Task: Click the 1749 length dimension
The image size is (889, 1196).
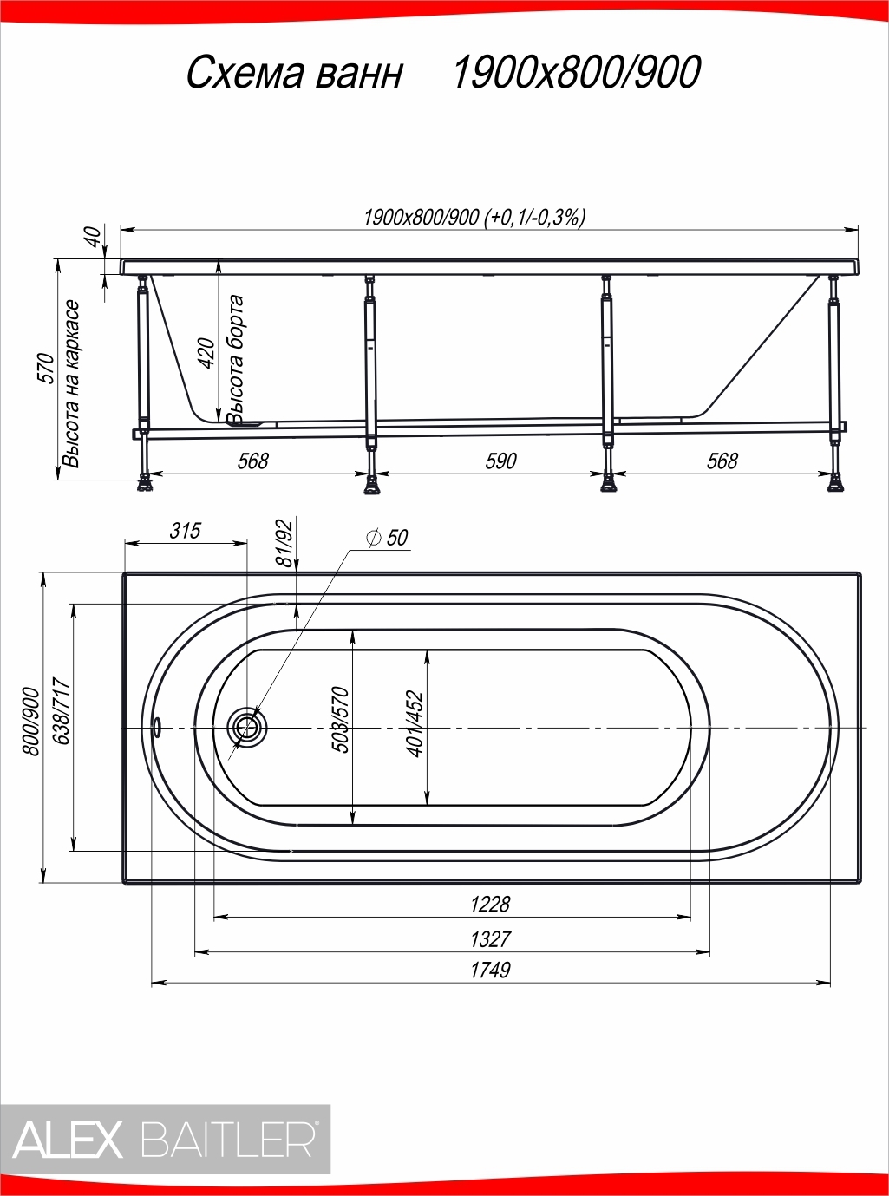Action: coord(490,970)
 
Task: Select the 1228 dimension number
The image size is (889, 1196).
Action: coord(490,905)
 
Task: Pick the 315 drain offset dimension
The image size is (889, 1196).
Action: coord(185,531)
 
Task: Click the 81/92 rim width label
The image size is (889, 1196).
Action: coord(284,544)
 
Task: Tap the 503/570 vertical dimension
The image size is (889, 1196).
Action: coord(340,719)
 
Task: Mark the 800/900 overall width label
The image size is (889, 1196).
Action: coord(30,722)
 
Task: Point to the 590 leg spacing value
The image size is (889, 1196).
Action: coord(500,461)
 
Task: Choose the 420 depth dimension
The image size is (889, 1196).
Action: coord(207,353)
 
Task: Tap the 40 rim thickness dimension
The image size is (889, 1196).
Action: coord(94,238)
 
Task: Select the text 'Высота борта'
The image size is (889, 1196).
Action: coord(236,360)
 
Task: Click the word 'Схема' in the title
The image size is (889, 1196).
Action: coord(245,73)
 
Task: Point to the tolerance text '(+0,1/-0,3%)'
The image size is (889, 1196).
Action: coord(536,218)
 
